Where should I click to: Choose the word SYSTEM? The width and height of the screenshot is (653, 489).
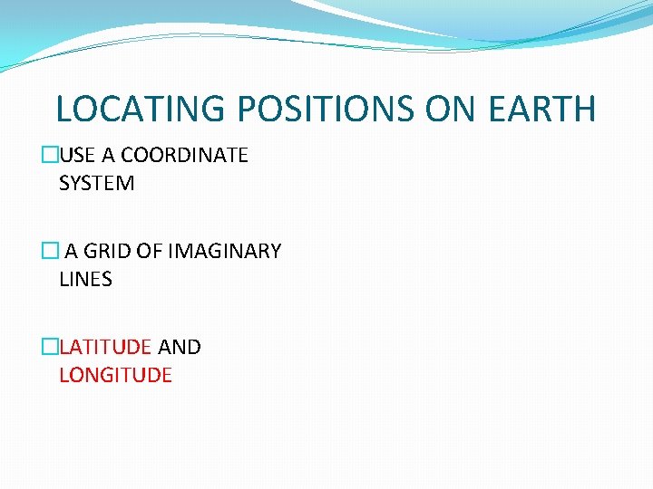[97, 183]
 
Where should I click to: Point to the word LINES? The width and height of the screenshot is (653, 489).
[85, 279]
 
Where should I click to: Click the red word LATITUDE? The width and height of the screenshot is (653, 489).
[105, 347]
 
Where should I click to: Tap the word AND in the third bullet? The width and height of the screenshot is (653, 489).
[180, 347]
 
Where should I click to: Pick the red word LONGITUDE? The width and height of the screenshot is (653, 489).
[115, 375]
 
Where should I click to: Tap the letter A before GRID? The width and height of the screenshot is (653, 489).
[70, 251]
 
